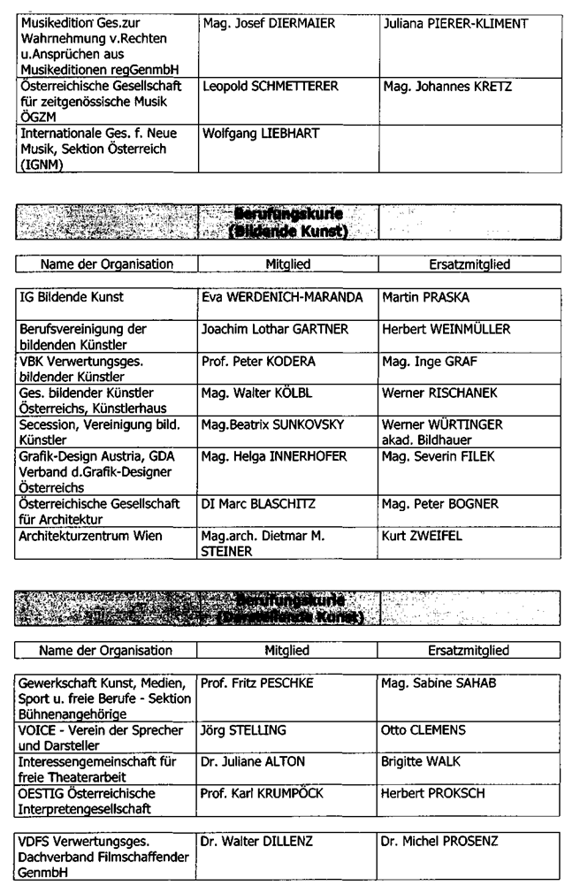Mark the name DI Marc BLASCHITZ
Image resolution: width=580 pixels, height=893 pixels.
pos(255,504)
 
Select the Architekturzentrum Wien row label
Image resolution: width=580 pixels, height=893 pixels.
pos(88,536)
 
